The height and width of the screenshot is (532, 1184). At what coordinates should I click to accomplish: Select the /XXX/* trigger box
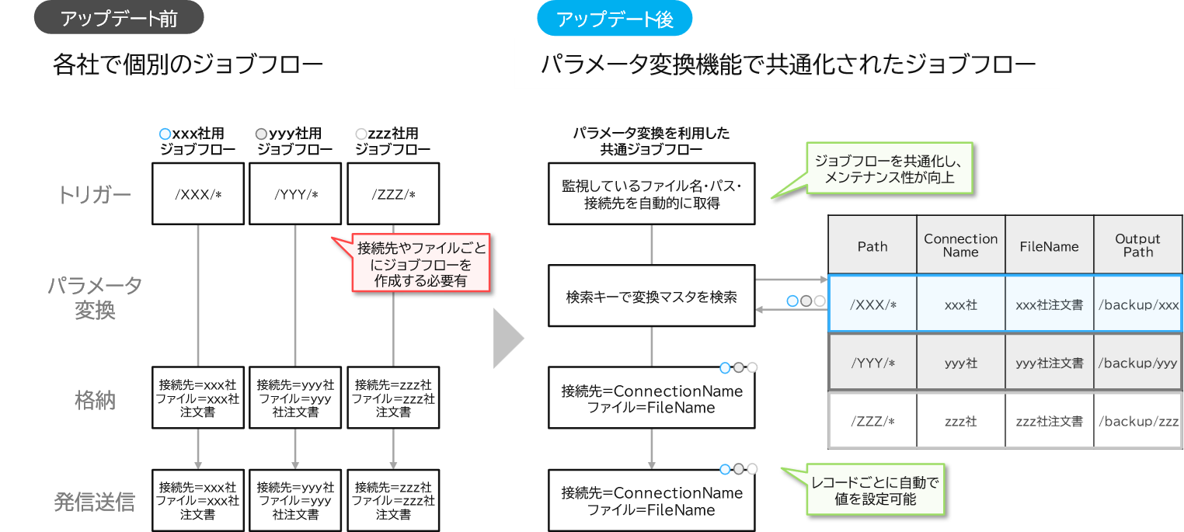point(199,194)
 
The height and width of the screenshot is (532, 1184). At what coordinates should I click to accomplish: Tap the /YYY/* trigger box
point(296,194)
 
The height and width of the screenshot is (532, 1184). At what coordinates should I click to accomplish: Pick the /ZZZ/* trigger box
point(393,194)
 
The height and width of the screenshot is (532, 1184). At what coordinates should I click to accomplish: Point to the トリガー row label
point(95,195)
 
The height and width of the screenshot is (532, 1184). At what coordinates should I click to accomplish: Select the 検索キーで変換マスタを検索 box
point(651,296)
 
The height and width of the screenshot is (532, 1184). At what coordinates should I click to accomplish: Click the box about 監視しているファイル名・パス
point(651,194)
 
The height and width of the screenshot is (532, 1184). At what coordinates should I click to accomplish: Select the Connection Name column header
point(961,245)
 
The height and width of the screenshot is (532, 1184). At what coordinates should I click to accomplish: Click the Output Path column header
point(1137,245)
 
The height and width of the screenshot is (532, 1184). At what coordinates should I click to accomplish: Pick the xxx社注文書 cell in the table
point(1049,304)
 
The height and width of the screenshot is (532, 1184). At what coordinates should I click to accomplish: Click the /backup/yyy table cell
point(1137,363)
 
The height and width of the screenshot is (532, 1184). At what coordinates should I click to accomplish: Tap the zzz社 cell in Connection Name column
point(961,421)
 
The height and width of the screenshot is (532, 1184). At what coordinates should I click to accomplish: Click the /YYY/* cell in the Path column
point(872,363)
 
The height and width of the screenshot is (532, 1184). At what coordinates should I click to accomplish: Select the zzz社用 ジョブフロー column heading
point(393,141)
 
